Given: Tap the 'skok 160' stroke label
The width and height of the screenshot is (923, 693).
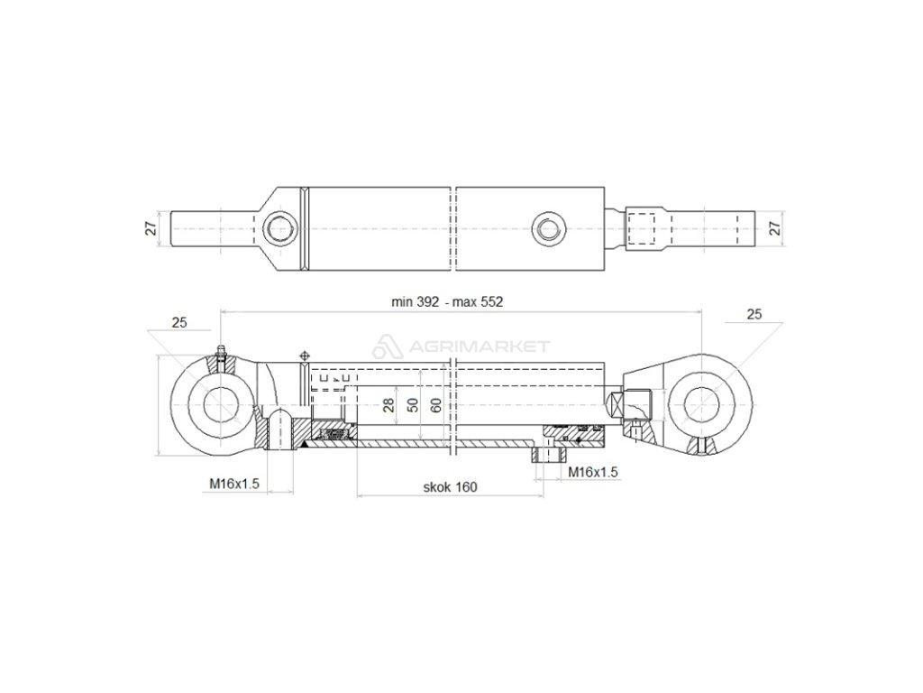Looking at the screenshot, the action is click(450, 486).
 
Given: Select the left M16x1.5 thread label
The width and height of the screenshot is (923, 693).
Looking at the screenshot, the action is click(234, 484).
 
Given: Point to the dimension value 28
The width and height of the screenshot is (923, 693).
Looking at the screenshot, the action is click(389, 404).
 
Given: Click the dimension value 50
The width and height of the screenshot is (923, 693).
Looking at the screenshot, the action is click(413, 404).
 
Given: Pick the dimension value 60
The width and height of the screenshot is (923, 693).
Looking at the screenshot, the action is click(436, 404).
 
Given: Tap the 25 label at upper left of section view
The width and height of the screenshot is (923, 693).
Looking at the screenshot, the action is click(179, 322).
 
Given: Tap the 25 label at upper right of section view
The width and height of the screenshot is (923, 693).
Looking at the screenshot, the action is click(755, 314).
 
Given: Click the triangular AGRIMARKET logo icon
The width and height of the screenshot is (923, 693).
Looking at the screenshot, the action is click(385, 346).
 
